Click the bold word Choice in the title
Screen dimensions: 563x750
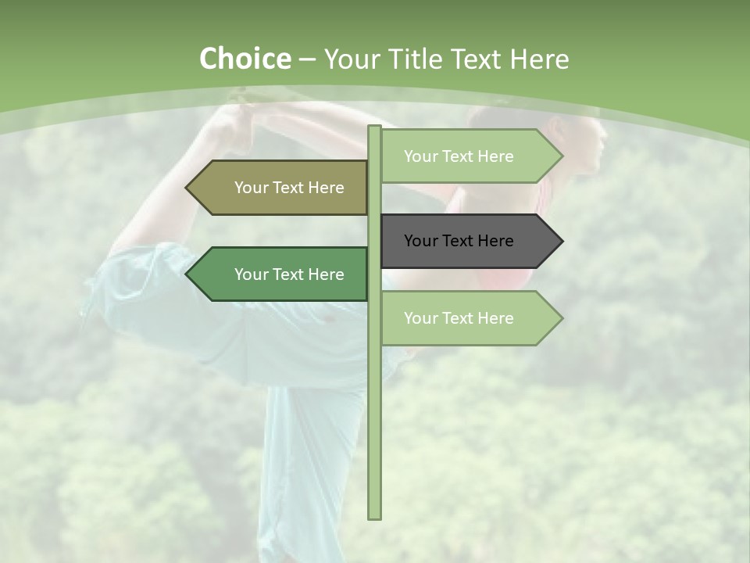point(245,59)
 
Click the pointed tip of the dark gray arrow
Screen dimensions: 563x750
point(561,241)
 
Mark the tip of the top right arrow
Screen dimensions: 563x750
point(561,156)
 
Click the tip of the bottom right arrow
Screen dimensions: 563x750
point(561,318)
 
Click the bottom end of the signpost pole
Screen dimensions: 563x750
point(375,516)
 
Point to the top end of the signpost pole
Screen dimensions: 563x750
point(375,127)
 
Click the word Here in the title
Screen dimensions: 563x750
point(539,59)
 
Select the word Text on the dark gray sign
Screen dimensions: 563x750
point(459,241)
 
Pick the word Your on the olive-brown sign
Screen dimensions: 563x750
point(251,188)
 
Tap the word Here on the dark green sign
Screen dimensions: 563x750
point(327,274)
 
